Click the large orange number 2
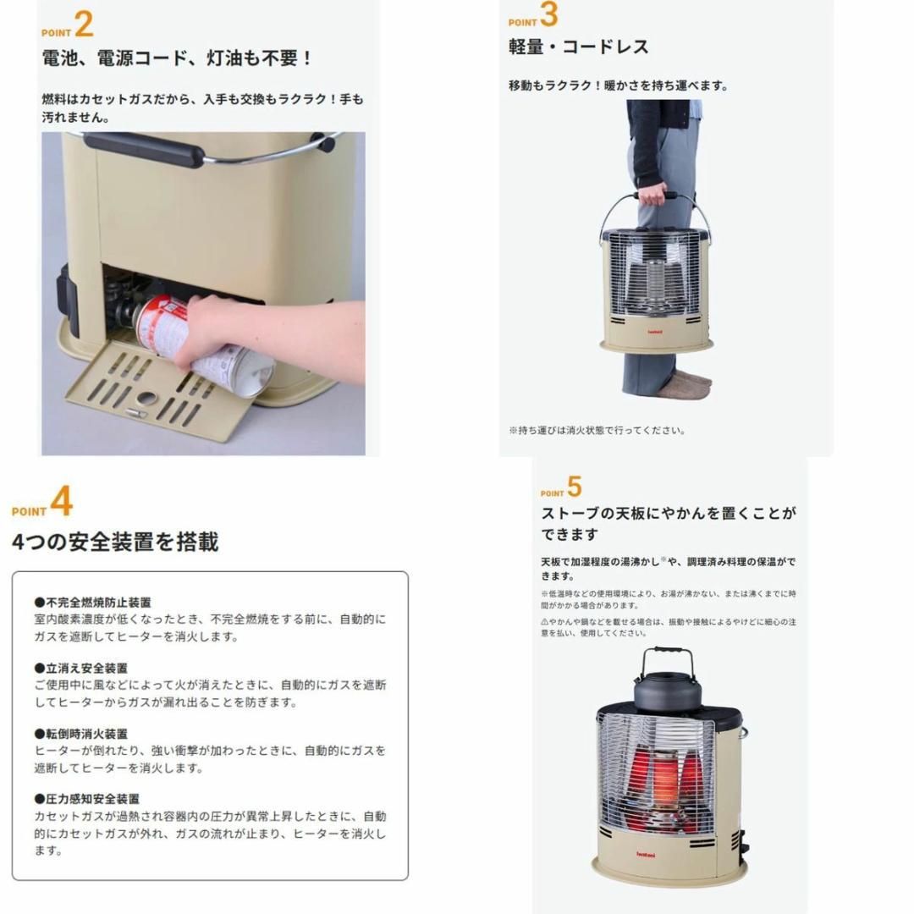tap(84, 25)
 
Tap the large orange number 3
tap(548, 14)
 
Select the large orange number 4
tap(61, 502)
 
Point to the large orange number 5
tap(575, 487)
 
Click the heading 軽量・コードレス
tap(578, 47)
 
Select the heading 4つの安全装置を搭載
tap(115, 542)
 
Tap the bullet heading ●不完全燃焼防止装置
tap(92, 603)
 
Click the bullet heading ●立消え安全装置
tap(80, 668)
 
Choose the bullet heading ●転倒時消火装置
tap(80, 734)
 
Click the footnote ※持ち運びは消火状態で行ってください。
tap(597, 430)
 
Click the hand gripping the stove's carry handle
tap(652, 195)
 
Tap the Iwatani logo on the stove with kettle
tap(647, 853)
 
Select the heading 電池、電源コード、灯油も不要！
tap(178, 58)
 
